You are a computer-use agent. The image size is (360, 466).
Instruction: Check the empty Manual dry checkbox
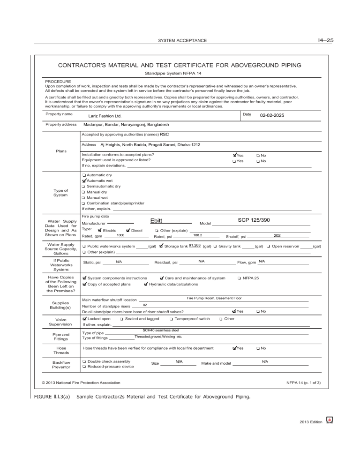pyautogui.click(x=83, y=192)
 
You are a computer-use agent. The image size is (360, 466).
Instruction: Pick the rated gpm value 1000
pyautogui.click(x=120, y=235)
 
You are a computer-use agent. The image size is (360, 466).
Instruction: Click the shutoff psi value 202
pyautogui.click(x=277, y=235)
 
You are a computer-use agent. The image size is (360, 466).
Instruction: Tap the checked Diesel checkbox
pyautogui.click(x=128, y=230)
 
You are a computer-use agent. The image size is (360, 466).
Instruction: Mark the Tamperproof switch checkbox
pyautogui.click(x=171, y=319)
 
